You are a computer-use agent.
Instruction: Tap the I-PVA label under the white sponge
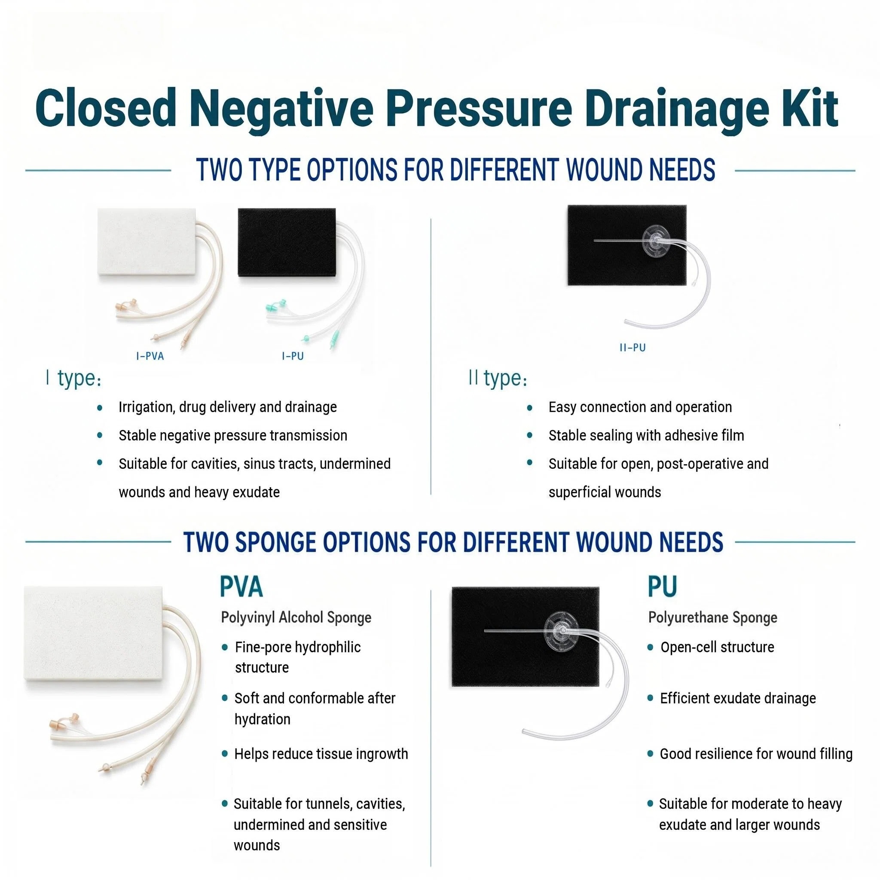click(150, 356)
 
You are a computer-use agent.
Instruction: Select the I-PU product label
click(293, 356)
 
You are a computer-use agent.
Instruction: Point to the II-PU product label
click(632, 348)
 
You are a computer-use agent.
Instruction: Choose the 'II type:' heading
click(498, 379)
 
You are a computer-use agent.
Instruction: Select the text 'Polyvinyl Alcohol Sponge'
click(296, 617)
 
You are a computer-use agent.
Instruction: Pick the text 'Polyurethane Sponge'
click(712, 617)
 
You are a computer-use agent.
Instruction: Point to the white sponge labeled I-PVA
click(147, 242)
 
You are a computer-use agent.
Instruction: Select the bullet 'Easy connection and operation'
click(640, 407)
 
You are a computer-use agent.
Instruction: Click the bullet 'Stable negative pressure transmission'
click(233, 436)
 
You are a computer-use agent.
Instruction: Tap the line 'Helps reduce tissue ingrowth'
click(321, 754)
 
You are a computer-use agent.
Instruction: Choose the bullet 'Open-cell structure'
click(717, 647)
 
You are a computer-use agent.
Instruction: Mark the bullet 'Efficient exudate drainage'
click(738, 698)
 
